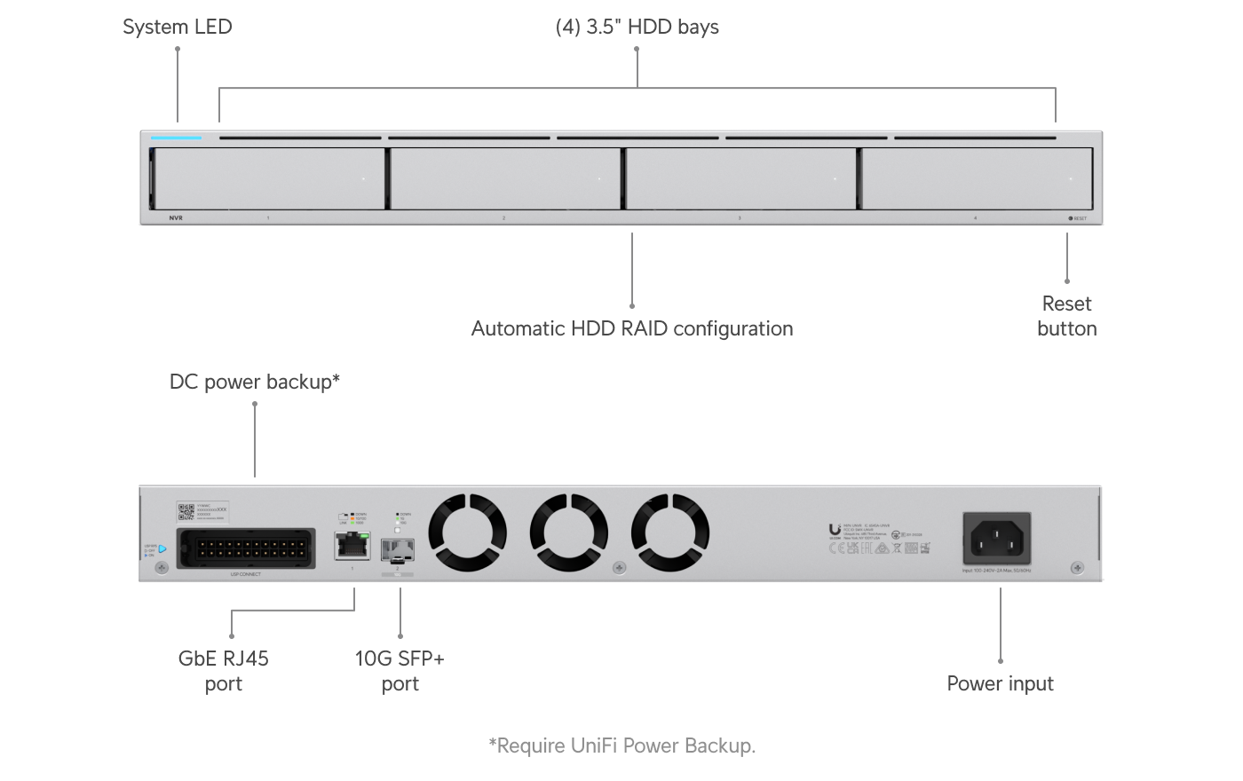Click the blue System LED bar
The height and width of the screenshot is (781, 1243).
coord(177,138)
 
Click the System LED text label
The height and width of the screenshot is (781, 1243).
coord(177,27)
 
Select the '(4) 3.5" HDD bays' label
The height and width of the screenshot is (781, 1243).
coord(637,27)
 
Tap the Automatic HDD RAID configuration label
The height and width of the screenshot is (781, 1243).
coord(631,328)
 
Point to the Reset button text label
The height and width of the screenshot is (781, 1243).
coord(1066,316)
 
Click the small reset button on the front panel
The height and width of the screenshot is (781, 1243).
coord(1071,217)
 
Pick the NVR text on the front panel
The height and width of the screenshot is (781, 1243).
coord(176,217)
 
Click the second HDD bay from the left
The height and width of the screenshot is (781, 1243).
coord(505,178)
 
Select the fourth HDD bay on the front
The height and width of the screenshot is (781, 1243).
coord(977,178)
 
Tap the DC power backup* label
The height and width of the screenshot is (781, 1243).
coord(255,382)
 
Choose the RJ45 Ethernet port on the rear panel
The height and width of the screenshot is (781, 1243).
coord(352,545)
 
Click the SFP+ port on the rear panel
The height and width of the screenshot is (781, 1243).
coord(397,549)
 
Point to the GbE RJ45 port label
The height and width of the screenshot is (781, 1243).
coord(223,671)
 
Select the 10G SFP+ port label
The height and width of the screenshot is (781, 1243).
coord(400,671)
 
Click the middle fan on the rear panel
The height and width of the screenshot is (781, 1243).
coord(569,532)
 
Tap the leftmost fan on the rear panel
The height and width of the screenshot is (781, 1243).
coord(468,532)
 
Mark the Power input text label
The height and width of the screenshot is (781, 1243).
coord(1000,683)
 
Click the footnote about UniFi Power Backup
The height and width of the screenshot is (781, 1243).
coord(621,745)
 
